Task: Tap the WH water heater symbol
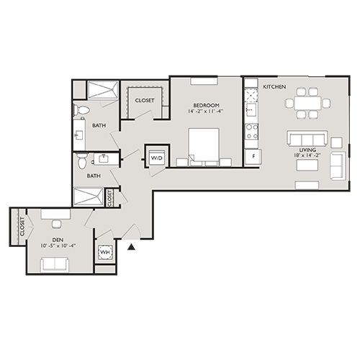point(104,253)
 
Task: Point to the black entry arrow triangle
point(132,246)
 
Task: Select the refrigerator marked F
point(252,156)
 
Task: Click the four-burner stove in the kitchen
point(252,132)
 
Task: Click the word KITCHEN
point(274,87)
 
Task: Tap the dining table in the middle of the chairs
point(307,103)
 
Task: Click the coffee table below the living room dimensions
point(307,166)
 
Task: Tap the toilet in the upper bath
point(81,110)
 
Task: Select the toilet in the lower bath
point(82,159)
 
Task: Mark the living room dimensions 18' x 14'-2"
point(306,155)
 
